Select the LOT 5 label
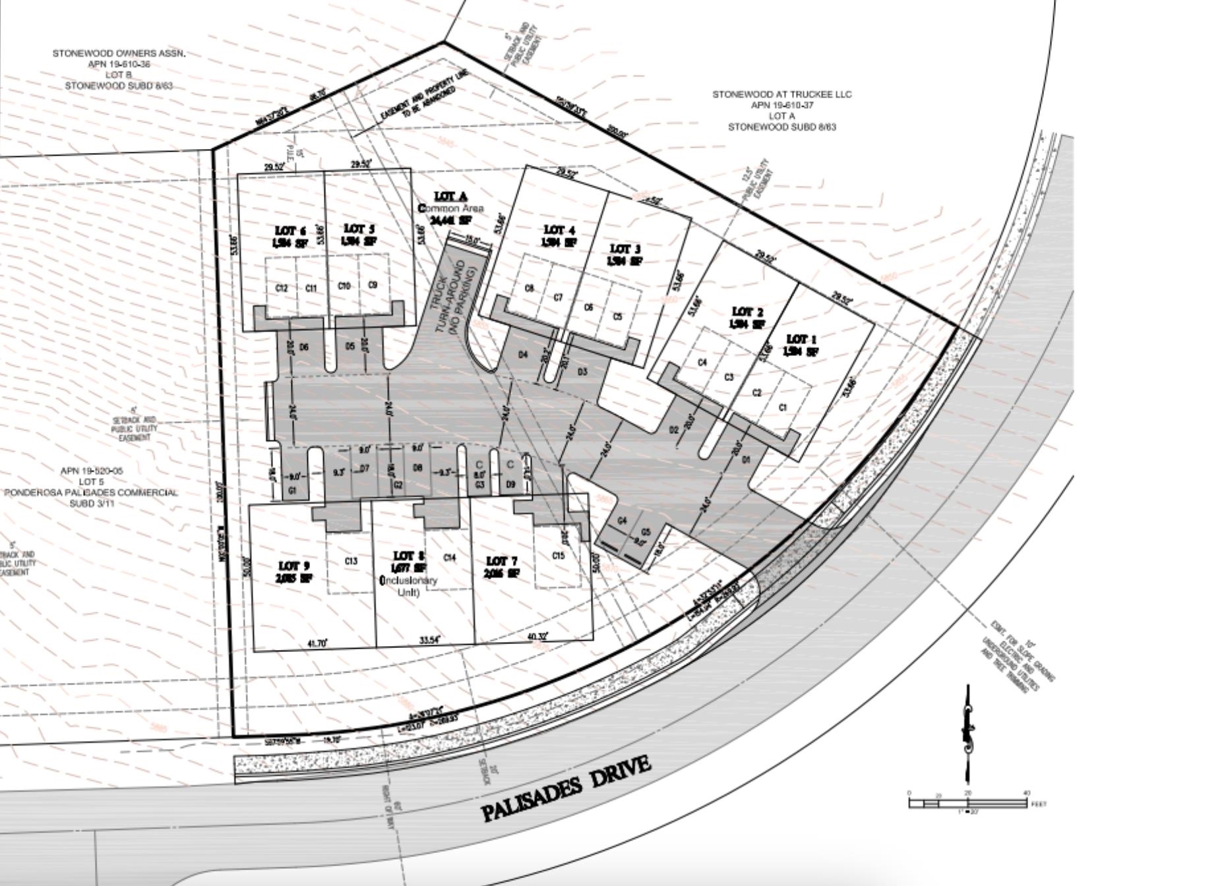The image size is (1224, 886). pyautogui.click(x=359, y=229)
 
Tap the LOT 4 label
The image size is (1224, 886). pyautogui.click(x=559, y=230)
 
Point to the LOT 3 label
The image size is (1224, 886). pyautogui.click(x=625, y=249)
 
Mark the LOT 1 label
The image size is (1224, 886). pyautogui.click(x=801, y=340)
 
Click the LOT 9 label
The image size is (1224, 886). pyautogui.click(x=293, y=566)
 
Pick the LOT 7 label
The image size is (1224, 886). pyautogui.click(x=497, y=561)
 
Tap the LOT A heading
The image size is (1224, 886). pyautogui.click(x=451, y=196)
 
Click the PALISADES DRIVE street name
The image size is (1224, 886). pyautogui.click(x=566, y=788)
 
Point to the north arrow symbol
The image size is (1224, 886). pyautogui.click(x=968, y=732)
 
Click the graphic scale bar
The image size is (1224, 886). pyautogui.click(x=967, y=803)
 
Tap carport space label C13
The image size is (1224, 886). pyautogui.click(x=351, y=561)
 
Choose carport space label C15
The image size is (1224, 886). pyautogui.click(x=558, y=556)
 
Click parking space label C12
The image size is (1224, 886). pyautogui.click(x=281, y=288)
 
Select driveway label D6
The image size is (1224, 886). pyautogui.click(x=304, y=347)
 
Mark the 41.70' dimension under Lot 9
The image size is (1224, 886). pyautogui.click(x=315, y=643)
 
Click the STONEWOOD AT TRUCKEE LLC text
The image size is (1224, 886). pyautogui.click(x=781, y=94)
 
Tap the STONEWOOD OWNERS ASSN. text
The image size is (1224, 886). pyautogui.click(x=119, y=53)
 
